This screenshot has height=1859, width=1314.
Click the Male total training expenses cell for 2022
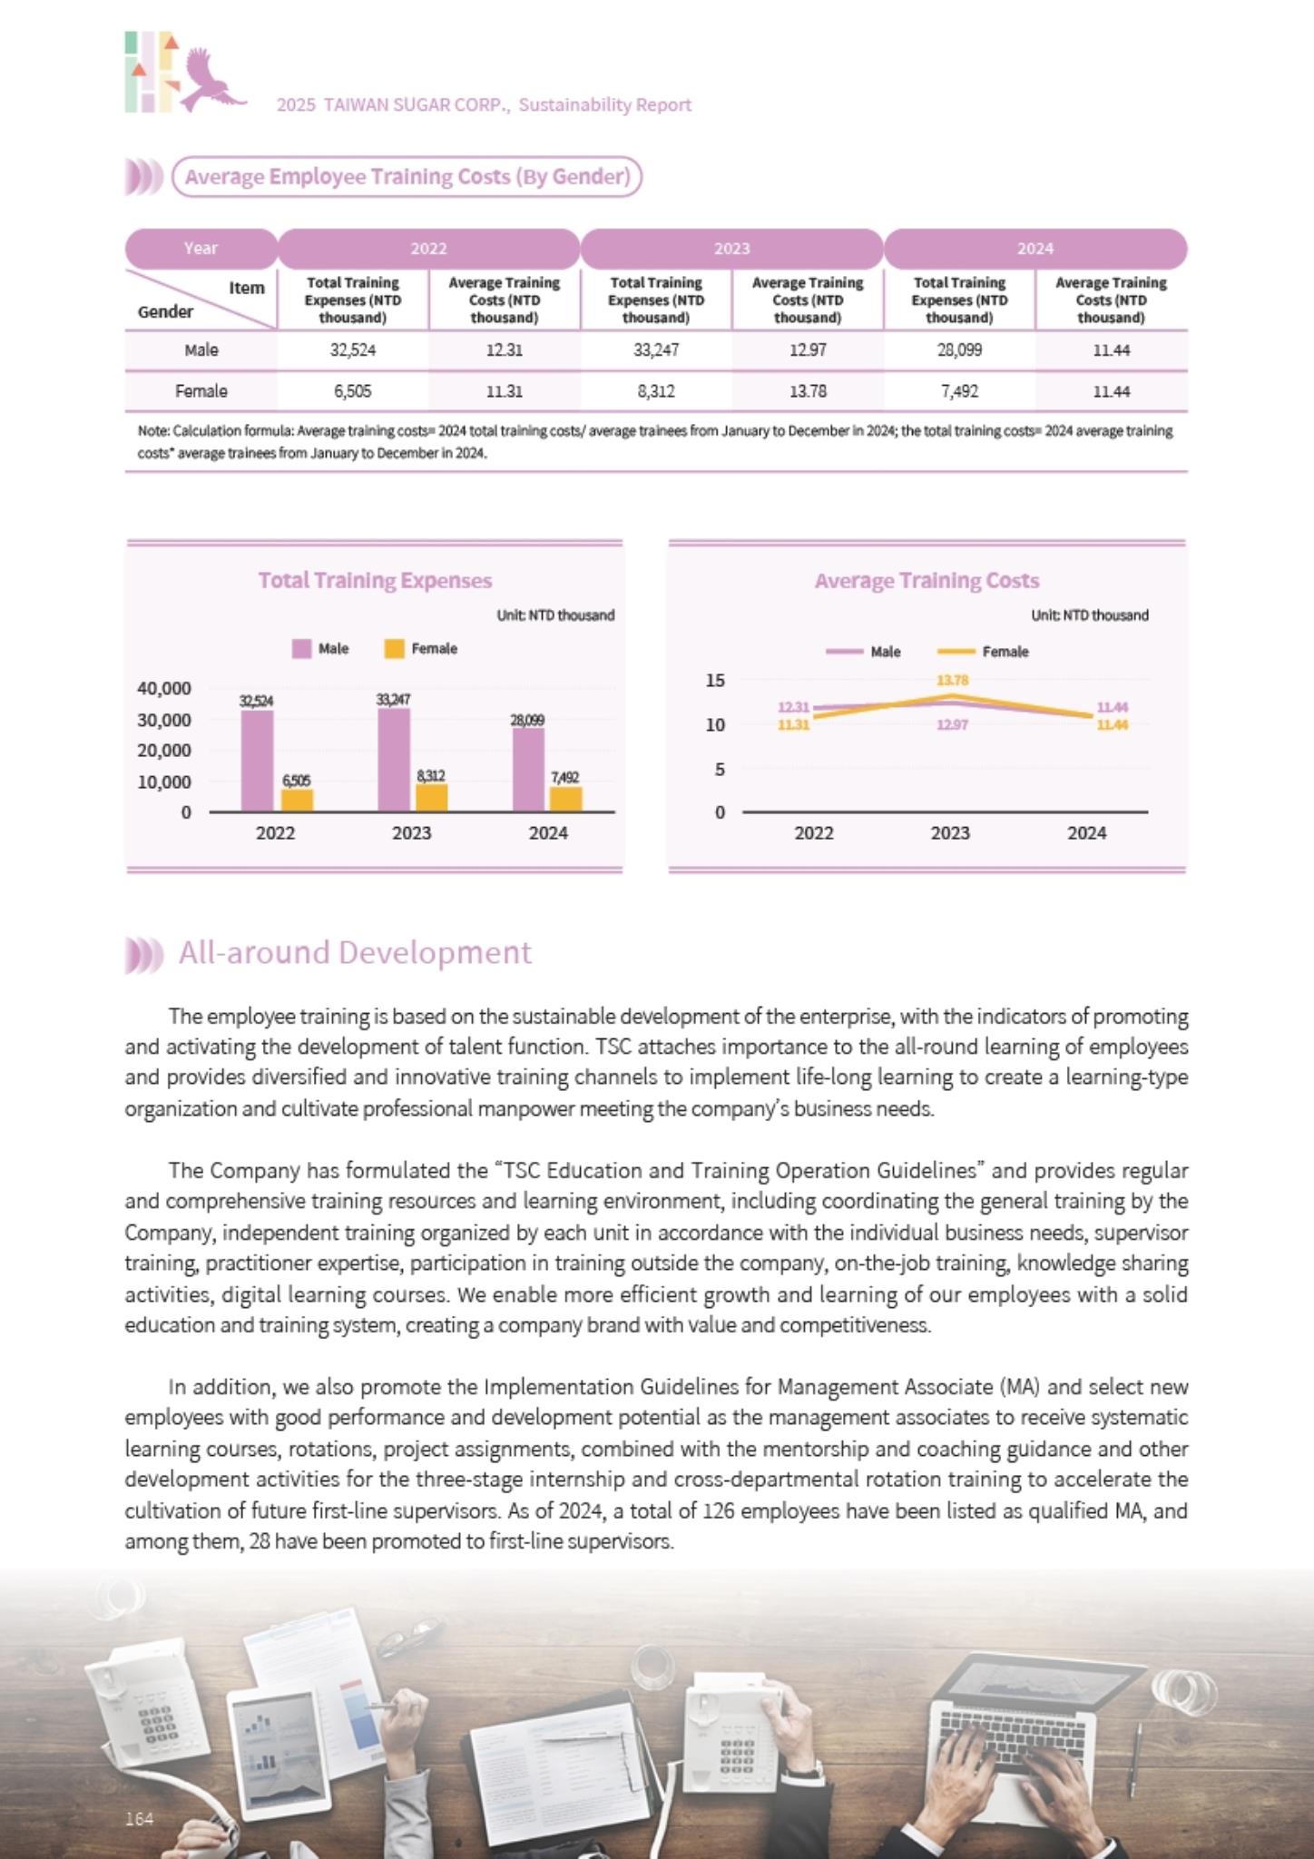[353, 350]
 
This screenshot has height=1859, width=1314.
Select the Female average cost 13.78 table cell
[808, 391]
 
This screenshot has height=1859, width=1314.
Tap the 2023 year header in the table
[731, 249]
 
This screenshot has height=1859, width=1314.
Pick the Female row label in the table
[201, 391]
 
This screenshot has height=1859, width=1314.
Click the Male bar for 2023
[394, 760]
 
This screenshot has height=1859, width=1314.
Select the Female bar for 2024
[566, 799]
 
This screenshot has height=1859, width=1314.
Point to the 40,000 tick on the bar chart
[164, 689]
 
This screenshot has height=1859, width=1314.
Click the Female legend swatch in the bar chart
[394, 649]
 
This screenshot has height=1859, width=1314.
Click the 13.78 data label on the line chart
[953, 680]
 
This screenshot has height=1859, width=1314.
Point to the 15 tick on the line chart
[716, 680]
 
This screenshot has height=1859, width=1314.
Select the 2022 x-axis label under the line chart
[814, 833]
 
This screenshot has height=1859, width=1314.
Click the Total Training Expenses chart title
[375, 581]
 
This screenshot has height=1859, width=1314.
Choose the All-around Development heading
[355, 953]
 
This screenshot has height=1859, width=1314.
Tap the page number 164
[139, 1818]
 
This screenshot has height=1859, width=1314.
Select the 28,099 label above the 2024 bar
[527, 721]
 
